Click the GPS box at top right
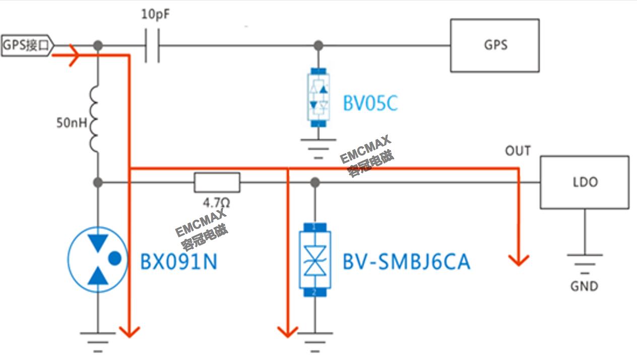494,45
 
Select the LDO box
584,182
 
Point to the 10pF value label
155,15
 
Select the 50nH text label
71,122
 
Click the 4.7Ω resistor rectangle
217,182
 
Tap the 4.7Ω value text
216,204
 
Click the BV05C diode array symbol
318,97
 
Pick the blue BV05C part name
370,104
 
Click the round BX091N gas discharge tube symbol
98,259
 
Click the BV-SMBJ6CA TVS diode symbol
314,259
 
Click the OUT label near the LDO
518,151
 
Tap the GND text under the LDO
584,286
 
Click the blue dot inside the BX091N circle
115,258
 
